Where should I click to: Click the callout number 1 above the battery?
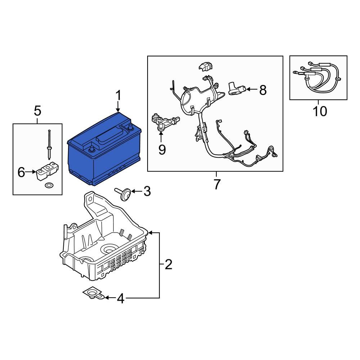coord(118,96)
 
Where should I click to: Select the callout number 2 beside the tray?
coord(168,265)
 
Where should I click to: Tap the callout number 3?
coord(147,192)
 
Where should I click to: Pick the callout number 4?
coord(121,298)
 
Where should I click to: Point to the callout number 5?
coord(37,111)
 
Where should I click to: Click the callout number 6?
coord(22,173)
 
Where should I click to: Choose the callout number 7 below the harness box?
coord(216,184)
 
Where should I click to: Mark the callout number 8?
coord(263,90)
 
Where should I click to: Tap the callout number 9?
coord(162,149)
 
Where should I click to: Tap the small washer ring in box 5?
coord(48,185)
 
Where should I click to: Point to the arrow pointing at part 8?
coord(252,89)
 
